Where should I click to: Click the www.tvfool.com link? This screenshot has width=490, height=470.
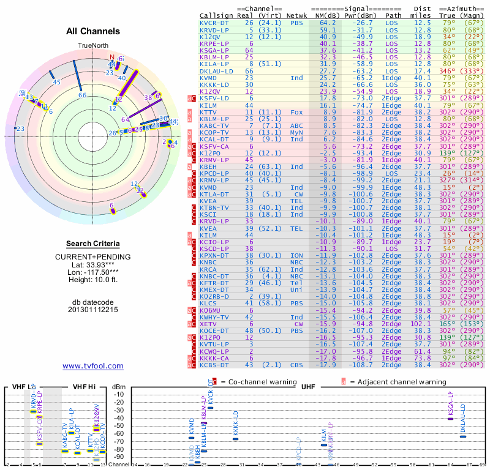point(92,366)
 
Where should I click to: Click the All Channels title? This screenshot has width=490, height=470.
point(92,31)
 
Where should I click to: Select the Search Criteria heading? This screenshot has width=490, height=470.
point(92,244)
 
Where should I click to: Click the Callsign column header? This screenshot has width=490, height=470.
point(215,15)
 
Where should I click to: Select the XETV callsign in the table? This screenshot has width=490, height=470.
point(211,324)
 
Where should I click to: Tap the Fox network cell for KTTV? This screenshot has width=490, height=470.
point(296,113)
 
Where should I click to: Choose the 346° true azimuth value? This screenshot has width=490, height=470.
point(450,71)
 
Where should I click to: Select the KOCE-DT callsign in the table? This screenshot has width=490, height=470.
point(215,330)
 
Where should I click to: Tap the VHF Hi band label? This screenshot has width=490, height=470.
point(85,387)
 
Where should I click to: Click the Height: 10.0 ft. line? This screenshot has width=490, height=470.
point(92,280)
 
